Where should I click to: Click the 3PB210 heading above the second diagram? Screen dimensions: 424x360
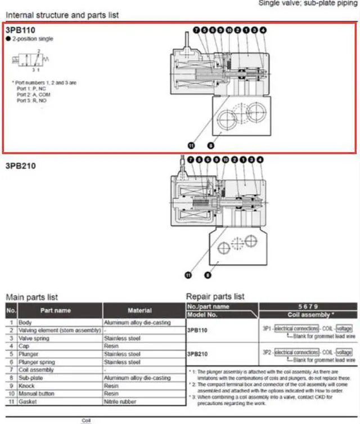pyautogui.click(x=21, y=166)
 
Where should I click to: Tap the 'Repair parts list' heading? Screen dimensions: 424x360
pyautogui.click(x=215, y=296)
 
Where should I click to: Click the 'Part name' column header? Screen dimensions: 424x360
pyautogui.click(x=55, y=310)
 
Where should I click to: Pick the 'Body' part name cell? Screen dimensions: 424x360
pyautogui.click(x=26, y=323)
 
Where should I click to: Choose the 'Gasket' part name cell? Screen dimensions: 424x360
pyautogui.click(x=28, y=401)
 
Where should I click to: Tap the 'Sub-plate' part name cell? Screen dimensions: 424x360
pyautogui.click(x=31, y=378)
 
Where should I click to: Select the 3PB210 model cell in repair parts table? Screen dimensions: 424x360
pyautogui.click(x=199, y=355)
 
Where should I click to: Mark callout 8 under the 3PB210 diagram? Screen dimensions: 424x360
pyautogui.click(x=208, y=275)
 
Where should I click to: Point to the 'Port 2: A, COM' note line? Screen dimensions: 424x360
pyautogui.click(x=34, y=95)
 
